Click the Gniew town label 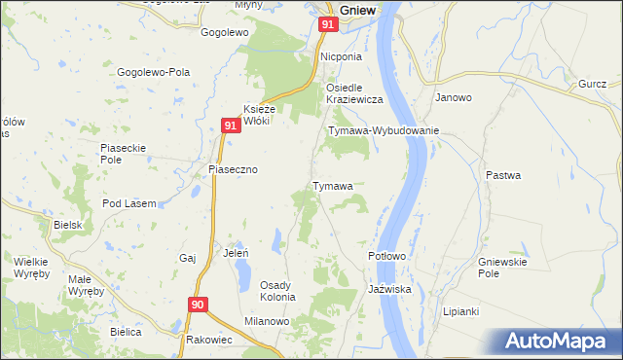[x=360, y=9]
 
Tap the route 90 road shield [x=199, y=305]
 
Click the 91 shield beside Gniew [x=328, y=24]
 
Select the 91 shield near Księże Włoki [x=230, y=126]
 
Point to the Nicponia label [x=343, y=56]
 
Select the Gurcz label [x=592, y=85]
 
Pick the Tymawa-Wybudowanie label [x=385, y=130]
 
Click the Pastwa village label [x=504, y=175]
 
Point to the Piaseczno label [x=233, y=168]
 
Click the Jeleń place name [x=237, y=252]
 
